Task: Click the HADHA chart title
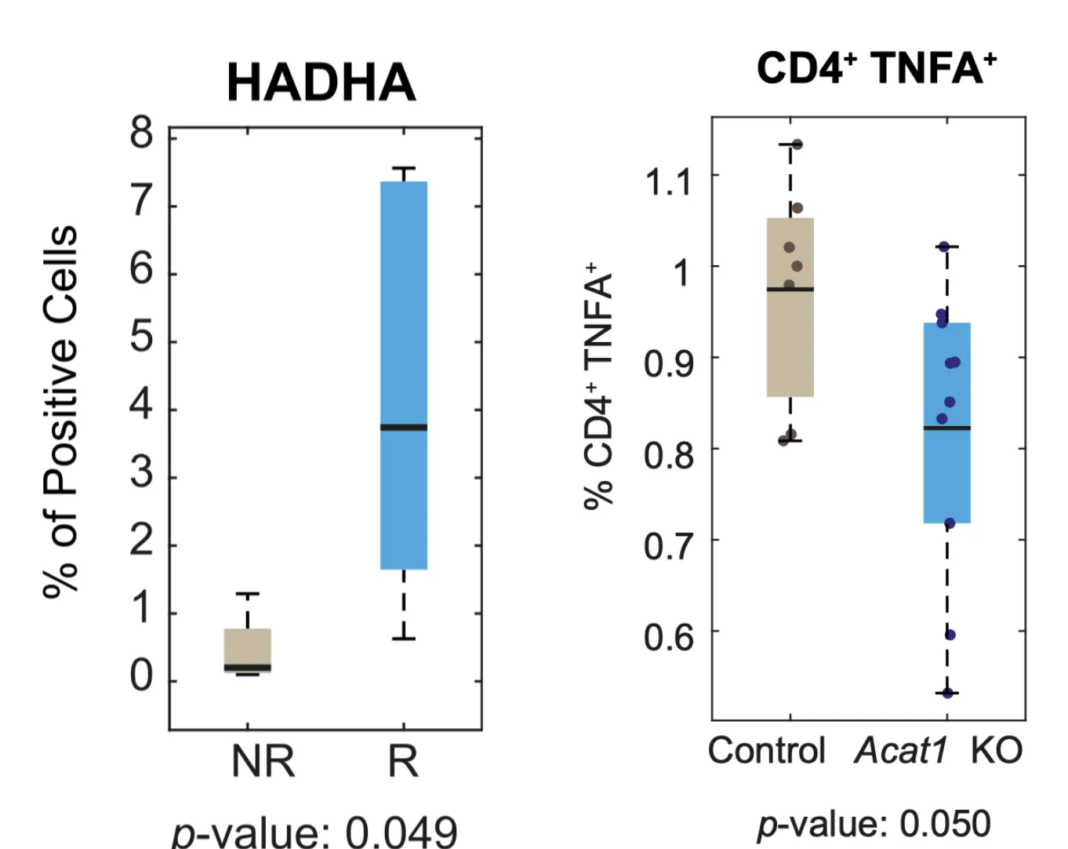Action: pyautogui.click(x=321, y=82)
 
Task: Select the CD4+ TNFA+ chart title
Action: pyautogui.click(x=876, y=68)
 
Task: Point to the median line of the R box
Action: pyautogui.click(x=404, y=428)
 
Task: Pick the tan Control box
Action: pyautogui.click(x=790, y=337)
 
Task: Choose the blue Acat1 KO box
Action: pyautogui.click(x=946, y=471)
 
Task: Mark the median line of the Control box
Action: pyautogui.click(x=790, y=290)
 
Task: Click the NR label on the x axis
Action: pyautogui.click(x=263, y=761)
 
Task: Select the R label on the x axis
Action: pyautogui.click(x=403, y=761)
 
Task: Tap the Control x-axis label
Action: pyautogui.click(x=766, y=750)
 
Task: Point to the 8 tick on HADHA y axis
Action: pyautogui.click(x=142, y=133)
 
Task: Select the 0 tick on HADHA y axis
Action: pyautogui.click(x=142, y=676)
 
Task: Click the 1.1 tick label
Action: pyautogui.click(x=668, y=182)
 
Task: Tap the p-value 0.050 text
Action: pyautogui.click(x=874, y=824)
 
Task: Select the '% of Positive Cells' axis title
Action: pyautogui.click(x=61, y=412)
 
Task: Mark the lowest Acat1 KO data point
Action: pyautogui.click(x=947, y=693)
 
